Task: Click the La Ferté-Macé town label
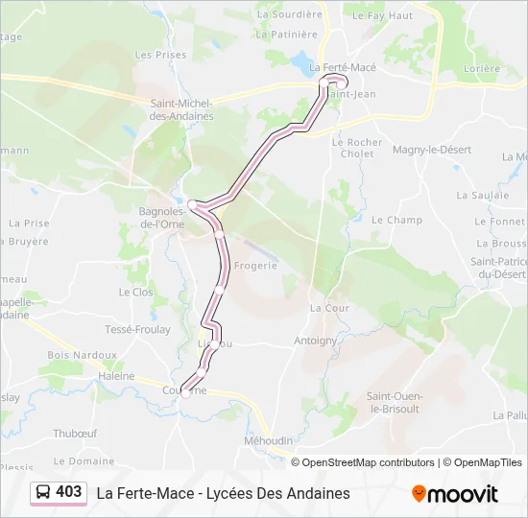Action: pyautogui.click(x=343, y=68)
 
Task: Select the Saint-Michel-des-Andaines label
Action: pyautogui.click(x=181, y=109)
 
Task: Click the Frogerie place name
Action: pyautogui.click(x=255, y=266)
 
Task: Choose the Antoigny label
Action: pyautogui.click(x=316, y=341)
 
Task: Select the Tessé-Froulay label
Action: pyautogui.click(x=136, y=329)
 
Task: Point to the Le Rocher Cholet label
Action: pyautogui.click(x=357, y=148)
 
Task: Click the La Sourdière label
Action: pyautogui.click(x=289, y=14)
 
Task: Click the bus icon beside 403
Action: pyautogui.click(x=44, y=492)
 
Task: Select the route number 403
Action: pyautogui.click(x=69, y=492)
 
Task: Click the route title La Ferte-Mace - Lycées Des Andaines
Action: pyautogui.click(x=223, y=493)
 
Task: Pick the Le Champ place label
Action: pyautogui.click(x=396, y=220)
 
